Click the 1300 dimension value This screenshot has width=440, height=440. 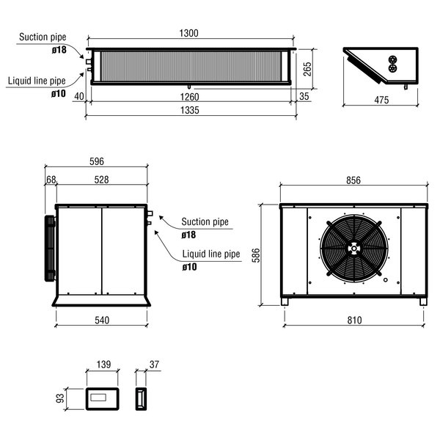pyautogui.click(x=191, y=33)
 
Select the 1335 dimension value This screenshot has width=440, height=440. pyautogui.click(x=191, y=109)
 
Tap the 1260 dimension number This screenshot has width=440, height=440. pyautogui.click(x=191, y=96)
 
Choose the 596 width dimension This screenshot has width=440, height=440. pyautogui.click(x=96, y=161)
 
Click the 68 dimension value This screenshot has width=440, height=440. pyautogui.click(x=51, y=179)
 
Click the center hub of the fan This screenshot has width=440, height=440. pyautogui.click(x=354, y=249)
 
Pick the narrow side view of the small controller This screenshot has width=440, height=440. pyautogui.click(x=140, y=398)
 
